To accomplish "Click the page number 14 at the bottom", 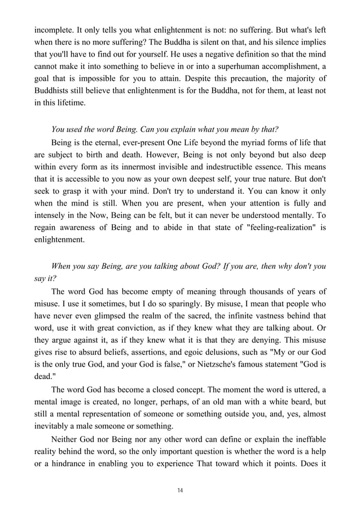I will pyautogui.click(x=180, y=490).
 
